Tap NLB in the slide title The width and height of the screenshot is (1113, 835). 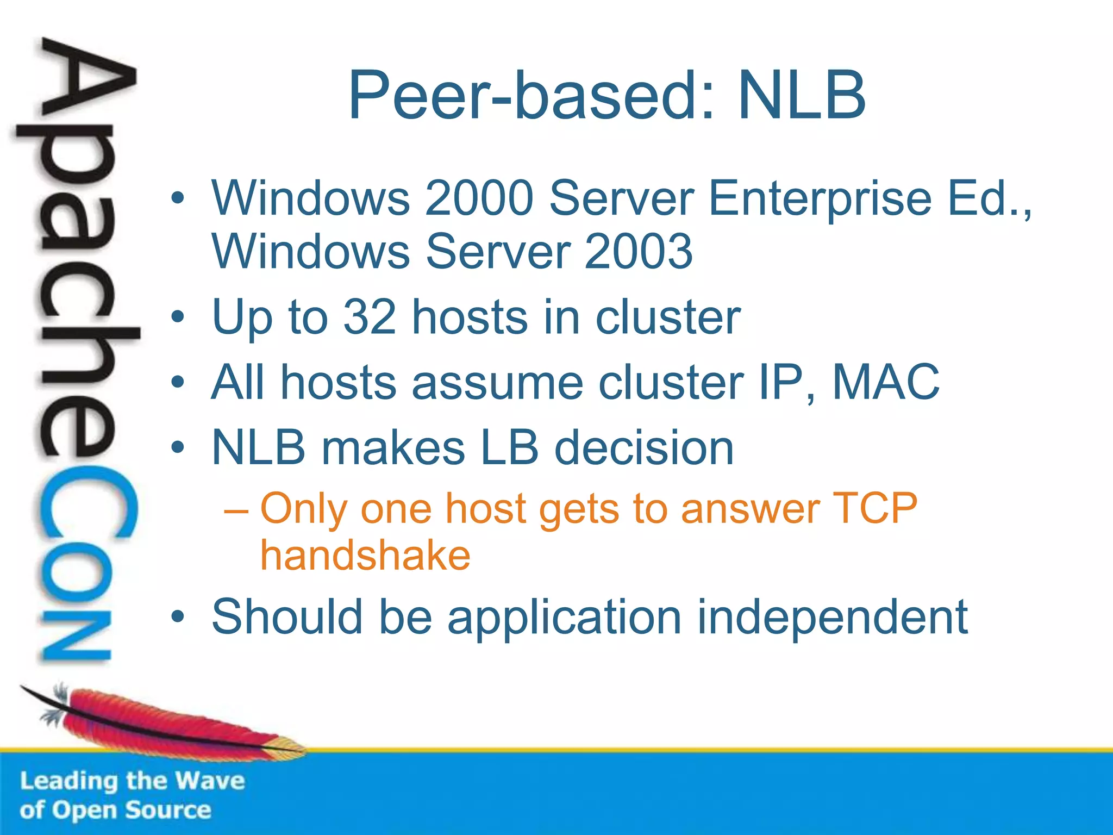click(802, 96)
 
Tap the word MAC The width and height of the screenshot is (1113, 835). click(885, 382)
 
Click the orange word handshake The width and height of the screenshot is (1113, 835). click(365, 556)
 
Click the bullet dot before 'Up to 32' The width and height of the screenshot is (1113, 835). click(177, 317)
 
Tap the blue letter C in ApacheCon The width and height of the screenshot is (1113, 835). click(87, 503)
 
